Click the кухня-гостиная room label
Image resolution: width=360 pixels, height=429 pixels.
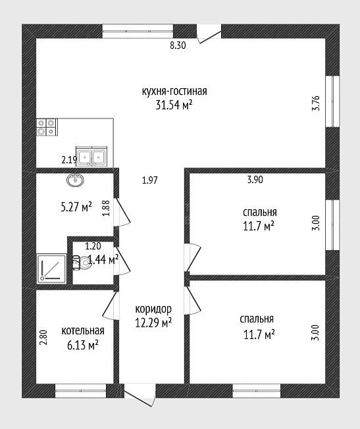tap(174, 91)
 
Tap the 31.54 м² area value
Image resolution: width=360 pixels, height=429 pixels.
tap(174, 105)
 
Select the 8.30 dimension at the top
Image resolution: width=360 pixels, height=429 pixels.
tap(178, 45)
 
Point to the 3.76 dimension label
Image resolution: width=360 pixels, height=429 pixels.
tap(316, 103)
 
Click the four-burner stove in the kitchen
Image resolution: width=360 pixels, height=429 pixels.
tap(47, 127)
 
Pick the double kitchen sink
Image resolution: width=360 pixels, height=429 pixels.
tap(91, 157)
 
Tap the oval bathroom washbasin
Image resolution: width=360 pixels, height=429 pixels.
tap(75, 180)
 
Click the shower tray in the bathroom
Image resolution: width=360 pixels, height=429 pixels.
tap(52, 268)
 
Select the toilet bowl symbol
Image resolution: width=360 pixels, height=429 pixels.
tap(82, 263)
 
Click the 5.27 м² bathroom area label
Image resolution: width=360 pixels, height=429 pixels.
tap(76, 207)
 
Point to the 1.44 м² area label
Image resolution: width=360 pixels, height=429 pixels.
tap(103, 260)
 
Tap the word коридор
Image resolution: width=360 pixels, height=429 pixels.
tap(153, 309)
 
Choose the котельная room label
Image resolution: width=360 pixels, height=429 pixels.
tap(83, 330)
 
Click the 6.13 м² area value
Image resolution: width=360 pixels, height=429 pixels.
tap(83, 345)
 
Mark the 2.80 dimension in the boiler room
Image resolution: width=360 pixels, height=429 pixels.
tap(43, 338)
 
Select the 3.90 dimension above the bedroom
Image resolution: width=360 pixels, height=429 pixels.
tap(255, 180)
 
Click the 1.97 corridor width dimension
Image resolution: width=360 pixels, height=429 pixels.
tap(150, 180)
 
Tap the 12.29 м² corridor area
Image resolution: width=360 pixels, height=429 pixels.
tap(153, 323)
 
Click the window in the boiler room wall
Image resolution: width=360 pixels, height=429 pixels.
tap(80, 391)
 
